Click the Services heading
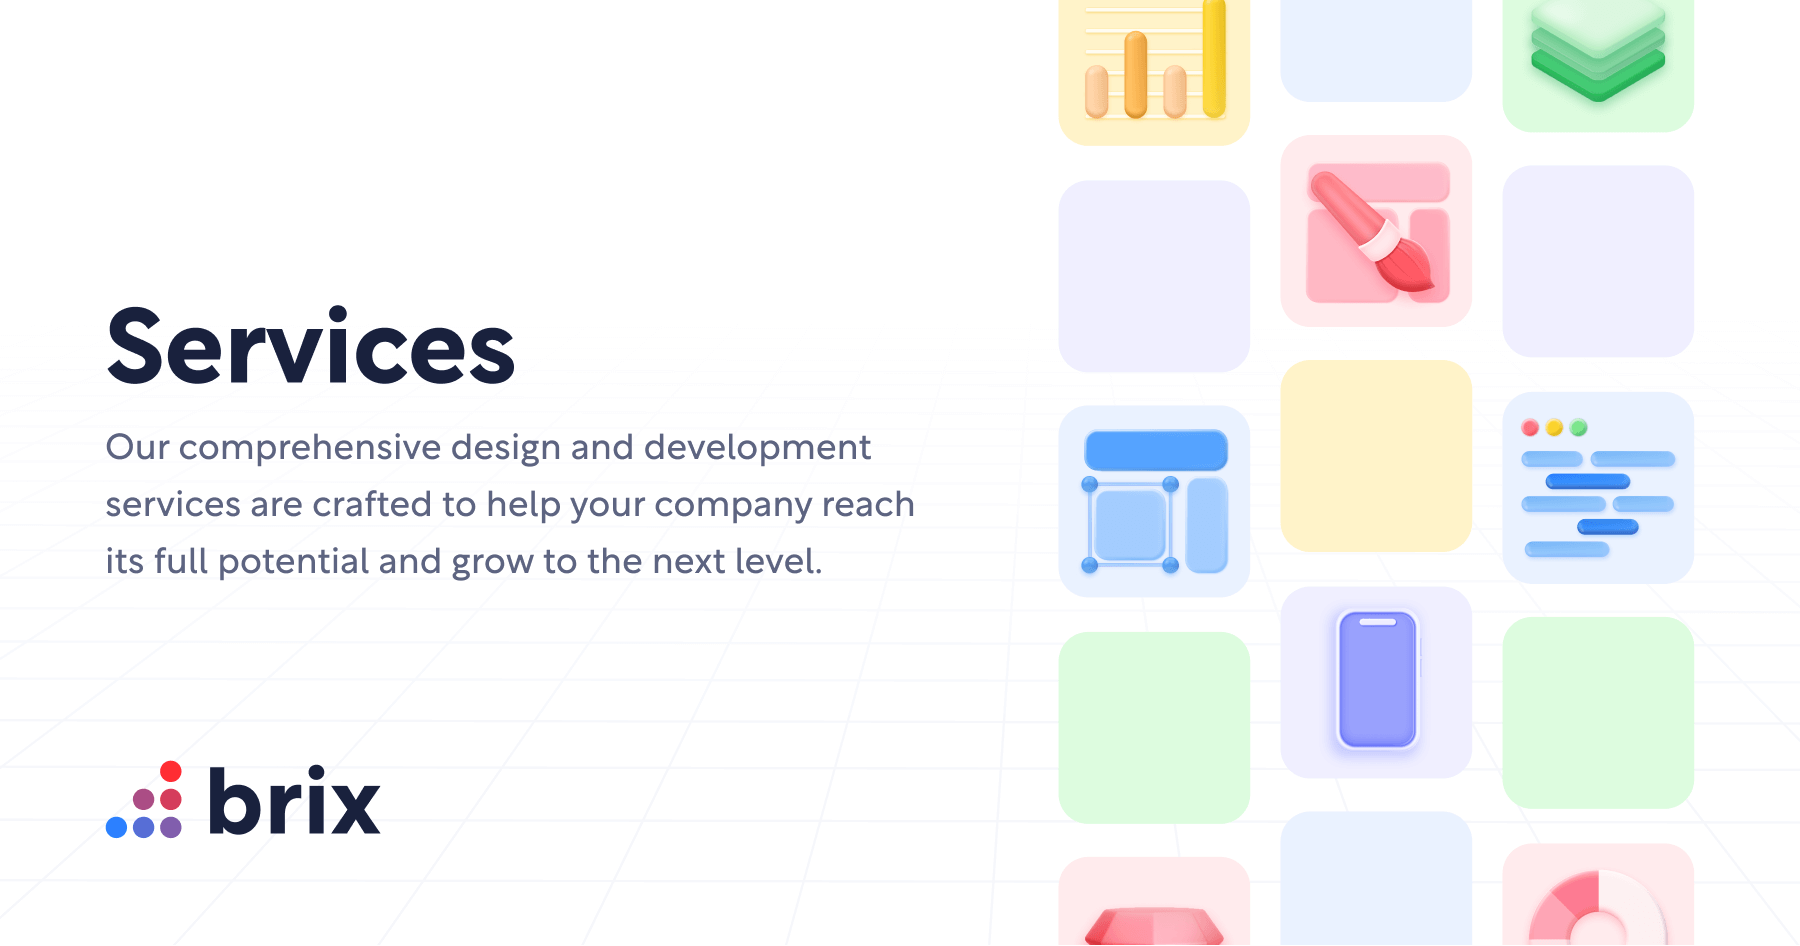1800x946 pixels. tap(310, 347)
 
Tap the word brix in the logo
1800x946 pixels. tap(294, 802)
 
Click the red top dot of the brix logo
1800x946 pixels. tap(171, 771)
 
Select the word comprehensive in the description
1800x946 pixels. tap(309, 447)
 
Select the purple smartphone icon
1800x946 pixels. tap(1377, 680)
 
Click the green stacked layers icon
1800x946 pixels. tap(1597, 50)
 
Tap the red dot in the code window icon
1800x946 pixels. tap(1530, 428)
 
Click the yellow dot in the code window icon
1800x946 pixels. tap(1554, 428)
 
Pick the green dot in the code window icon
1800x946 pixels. tap(1579, 428)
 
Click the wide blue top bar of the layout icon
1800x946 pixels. tap(1156, 450)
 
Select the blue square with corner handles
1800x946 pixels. tap(1130, 525)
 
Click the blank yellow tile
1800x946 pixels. tap(1376, 456)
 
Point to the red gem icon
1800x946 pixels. tap(1154, 925)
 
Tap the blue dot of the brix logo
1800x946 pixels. tap(116, 827)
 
